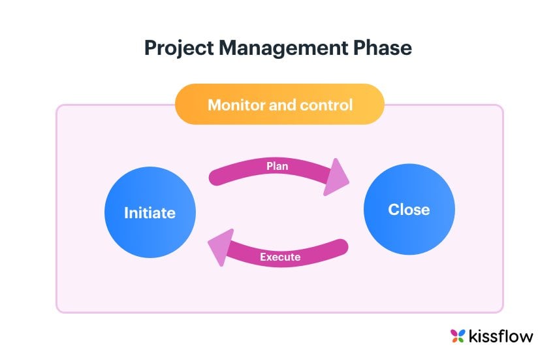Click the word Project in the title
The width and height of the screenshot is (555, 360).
click(179, 48)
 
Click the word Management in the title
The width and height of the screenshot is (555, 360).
click(283, 48)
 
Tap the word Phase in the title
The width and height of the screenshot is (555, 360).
click(383, 48)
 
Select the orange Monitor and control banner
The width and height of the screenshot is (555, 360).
click(279, 104)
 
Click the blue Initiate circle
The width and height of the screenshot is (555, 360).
click(150, 212)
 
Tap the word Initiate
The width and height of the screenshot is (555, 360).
click(150, 212)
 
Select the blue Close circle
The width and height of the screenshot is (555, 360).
click(409, 209)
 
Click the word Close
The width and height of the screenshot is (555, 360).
click(409, 210)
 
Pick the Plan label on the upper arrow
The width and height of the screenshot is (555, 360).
click(277, 166)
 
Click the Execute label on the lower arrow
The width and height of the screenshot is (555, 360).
click(280, 257)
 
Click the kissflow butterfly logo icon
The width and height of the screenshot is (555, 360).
click(458, 336)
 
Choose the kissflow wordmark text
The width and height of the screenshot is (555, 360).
click(501, 336)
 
